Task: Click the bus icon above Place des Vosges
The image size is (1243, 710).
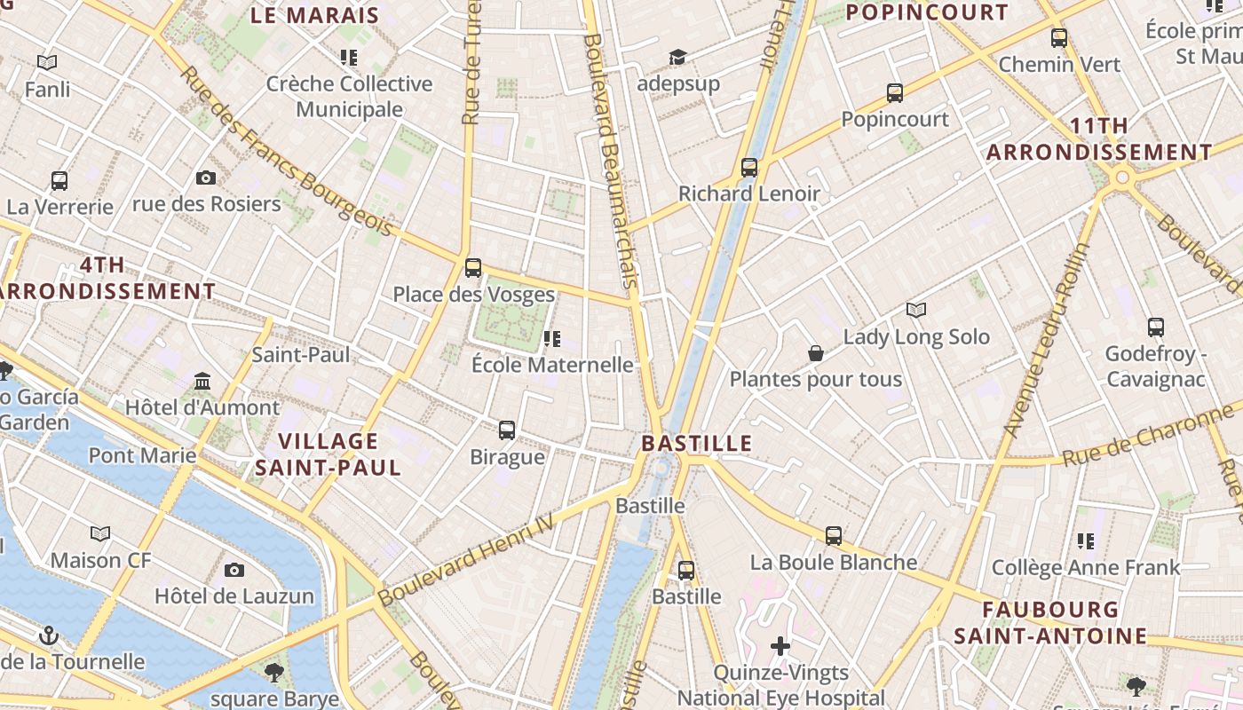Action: tap(473, 267)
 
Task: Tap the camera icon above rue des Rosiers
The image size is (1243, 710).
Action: tap(206, 177)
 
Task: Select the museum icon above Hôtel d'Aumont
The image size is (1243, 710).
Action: tap(202, 381)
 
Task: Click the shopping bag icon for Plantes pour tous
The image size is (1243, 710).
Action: tap(816, 353)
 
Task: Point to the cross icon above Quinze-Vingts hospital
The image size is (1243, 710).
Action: tap(780, 645)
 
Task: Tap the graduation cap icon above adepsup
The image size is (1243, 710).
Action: tap(677, 58)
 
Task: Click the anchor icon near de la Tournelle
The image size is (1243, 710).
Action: tap(50, 635)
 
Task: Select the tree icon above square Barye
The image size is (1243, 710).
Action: tap(274, 672)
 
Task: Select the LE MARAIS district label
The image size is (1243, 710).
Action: tap(314, 15)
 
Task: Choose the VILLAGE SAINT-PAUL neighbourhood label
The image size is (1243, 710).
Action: tap(329, 454)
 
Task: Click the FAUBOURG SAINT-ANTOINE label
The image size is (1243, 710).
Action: tap(1050, 623)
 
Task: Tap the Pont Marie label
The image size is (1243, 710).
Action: tap(142, 455)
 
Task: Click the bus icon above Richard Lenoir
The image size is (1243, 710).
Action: tap(749, 167)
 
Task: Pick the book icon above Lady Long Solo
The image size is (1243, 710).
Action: tap(916, 310)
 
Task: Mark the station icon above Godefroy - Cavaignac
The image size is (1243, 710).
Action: tap(1155, 327)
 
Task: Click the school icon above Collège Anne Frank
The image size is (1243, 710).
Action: tap(1086, 540)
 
